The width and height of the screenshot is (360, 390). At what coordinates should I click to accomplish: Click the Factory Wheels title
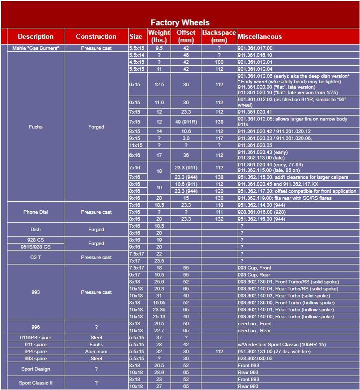pos(180,22)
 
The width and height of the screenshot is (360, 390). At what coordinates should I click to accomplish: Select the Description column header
pos(35,36)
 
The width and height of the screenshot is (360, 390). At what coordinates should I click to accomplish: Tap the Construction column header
pos(96,36)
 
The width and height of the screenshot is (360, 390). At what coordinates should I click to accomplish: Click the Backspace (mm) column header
pos(219,36)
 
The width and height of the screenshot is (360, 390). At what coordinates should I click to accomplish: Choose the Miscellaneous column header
pos(260,36)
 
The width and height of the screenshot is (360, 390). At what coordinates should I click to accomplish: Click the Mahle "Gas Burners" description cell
pos(36,48)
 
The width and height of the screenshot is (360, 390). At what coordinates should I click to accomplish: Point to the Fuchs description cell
pos(36,127)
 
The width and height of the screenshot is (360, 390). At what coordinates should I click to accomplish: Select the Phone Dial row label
pos(36,212)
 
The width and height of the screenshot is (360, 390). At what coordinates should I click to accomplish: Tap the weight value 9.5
pos(159,48)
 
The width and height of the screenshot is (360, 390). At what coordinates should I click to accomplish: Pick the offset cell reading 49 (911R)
pos(186,122)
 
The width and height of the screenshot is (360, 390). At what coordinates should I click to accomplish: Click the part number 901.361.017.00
pos(255,48)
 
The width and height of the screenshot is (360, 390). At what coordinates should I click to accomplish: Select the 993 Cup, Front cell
pos(255,268)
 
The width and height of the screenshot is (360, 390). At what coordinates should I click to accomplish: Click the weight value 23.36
pos(159,310)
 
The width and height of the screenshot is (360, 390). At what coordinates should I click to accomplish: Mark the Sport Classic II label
pos(36,383)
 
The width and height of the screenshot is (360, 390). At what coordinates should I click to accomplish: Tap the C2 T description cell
pos(36,257)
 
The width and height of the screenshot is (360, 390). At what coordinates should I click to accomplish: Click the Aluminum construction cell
pos(96,352)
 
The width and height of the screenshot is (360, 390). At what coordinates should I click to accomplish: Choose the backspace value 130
pos(219,198)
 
